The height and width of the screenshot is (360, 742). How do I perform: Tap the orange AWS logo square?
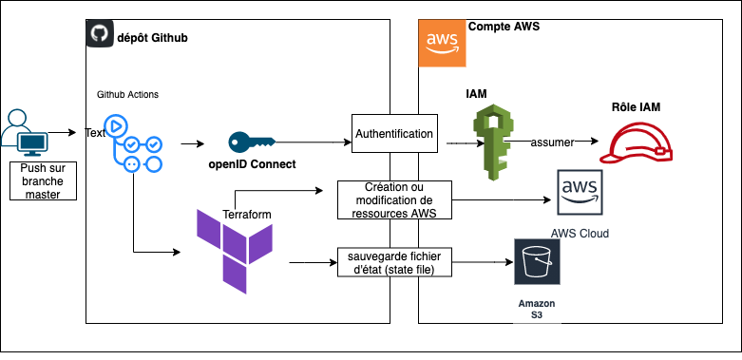(443, 44)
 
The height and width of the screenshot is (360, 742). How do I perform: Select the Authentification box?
(394, 134)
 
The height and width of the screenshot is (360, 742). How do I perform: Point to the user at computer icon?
(24, 133)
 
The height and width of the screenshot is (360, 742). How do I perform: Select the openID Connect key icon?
(251, 142)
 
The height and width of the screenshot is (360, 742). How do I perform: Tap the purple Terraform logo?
(234, 247)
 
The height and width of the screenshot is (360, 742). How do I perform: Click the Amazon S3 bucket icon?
(537, 262)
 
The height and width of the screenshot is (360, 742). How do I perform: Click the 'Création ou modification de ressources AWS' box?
(394, 200)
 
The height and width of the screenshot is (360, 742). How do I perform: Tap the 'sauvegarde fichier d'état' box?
(394, 262)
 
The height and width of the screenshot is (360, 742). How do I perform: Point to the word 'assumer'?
(551, 142)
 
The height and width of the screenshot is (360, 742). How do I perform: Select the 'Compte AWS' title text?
(504, 28)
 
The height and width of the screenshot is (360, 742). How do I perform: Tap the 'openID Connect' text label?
(252, 164)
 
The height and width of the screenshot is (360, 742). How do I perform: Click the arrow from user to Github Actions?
(62, 133)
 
